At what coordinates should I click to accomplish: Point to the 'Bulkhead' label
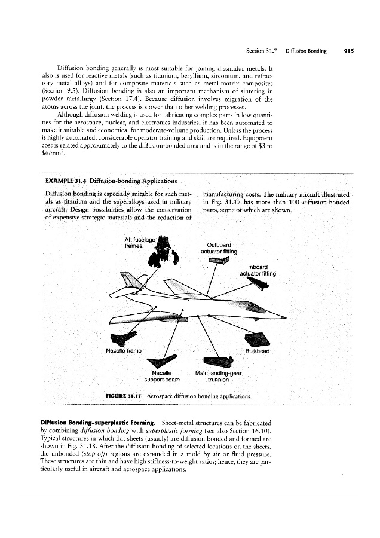[x=258, y=351]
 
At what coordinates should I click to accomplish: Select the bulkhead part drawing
[x=258, y=339]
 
